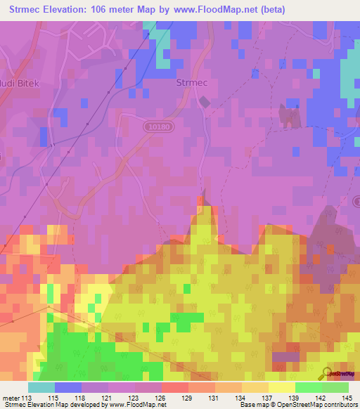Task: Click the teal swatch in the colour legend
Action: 41,387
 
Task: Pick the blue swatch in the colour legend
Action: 68,387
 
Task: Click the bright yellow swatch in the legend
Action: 281,387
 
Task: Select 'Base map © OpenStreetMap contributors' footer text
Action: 299,405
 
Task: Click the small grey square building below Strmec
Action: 204,103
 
